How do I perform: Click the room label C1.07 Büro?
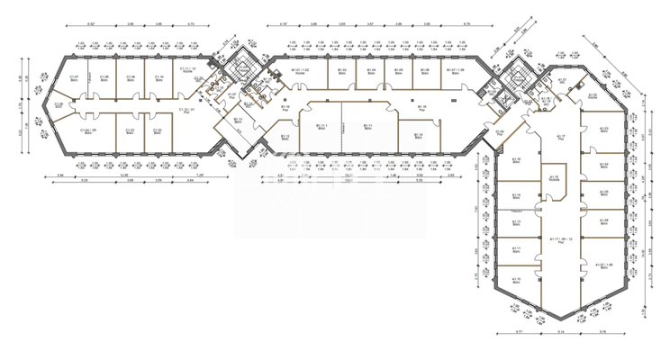[76, 78]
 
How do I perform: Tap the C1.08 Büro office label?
[104, 78]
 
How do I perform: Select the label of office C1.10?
[158, 78]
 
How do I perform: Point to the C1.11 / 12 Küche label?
[187, 70]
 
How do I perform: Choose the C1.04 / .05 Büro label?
[88, 131]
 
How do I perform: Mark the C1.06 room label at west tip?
[59, 105]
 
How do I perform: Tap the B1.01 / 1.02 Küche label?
[300, 71]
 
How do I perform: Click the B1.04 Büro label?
[370, 71]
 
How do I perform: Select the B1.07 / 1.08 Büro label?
[456, 71]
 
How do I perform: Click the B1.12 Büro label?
[285, 138]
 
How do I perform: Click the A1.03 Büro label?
[604, 130]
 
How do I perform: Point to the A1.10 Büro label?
[517, 280]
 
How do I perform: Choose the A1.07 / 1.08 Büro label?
[603, 265]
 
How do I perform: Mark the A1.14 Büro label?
[516, 196]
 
